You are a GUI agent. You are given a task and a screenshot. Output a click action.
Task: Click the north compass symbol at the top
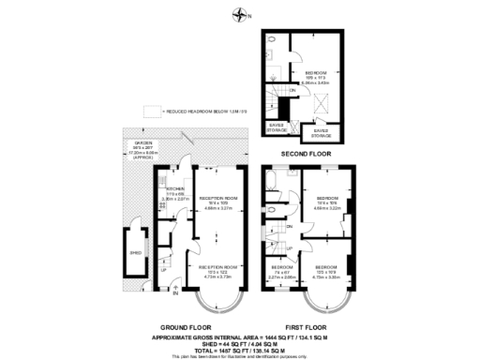(x=243, y=13)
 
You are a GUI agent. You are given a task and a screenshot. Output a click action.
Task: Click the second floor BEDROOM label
(x=316, y=72)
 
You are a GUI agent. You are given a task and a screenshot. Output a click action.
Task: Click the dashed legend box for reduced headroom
(x=149, y=111)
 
